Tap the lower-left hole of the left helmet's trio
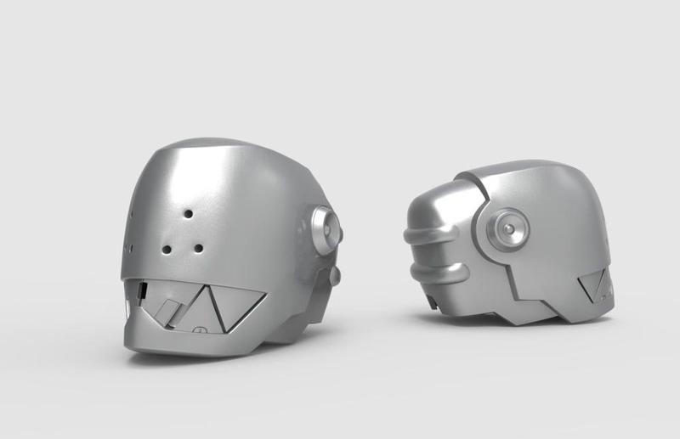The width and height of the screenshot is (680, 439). (167, 250)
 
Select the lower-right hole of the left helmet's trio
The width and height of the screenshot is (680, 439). (198, 249)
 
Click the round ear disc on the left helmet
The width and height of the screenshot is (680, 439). (326, 227)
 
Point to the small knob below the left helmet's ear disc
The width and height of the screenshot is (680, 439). (334, 275)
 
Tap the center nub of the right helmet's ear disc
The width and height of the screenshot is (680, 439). (507, 228)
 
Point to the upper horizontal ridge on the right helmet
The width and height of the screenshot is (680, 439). (433, 234)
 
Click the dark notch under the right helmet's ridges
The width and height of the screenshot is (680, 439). (431, 299)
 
